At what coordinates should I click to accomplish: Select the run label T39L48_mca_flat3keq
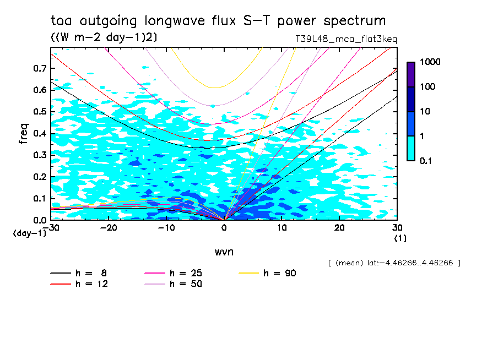[347, 39]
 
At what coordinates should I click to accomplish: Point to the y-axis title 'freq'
[23, 134]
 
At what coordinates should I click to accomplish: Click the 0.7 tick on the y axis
[40, 68]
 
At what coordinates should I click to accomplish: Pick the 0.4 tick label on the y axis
[40, 133]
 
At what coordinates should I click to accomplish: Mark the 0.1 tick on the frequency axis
[40, 198]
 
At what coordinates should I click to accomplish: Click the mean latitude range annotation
[394, 263]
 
